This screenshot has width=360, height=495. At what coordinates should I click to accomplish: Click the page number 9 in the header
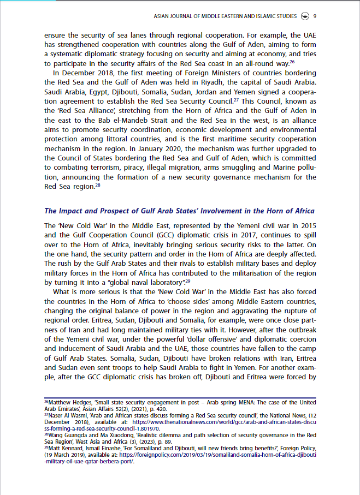click(315, 16)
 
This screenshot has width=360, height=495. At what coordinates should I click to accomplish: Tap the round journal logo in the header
click(304, 16)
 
